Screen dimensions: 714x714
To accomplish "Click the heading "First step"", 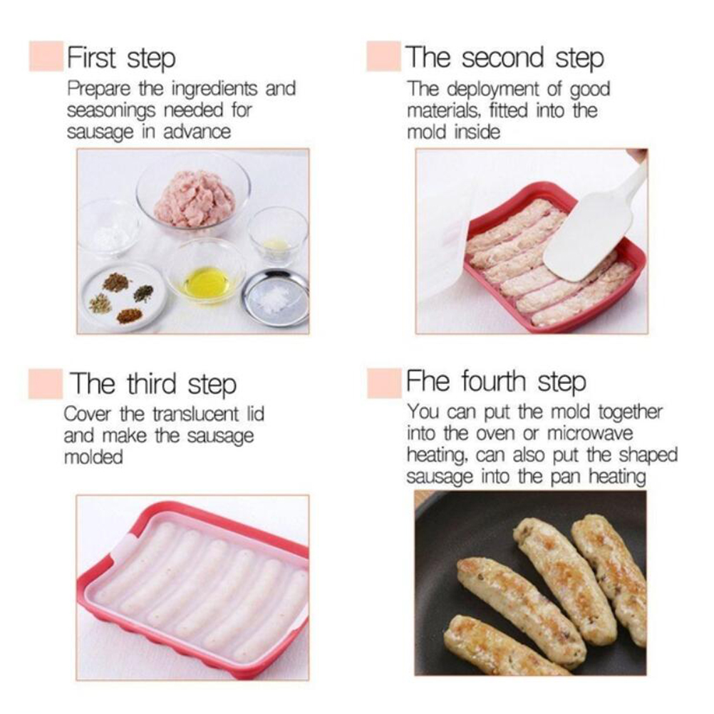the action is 121,58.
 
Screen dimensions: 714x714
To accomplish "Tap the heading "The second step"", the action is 505,58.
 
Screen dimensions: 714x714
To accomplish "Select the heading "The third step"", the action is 153,384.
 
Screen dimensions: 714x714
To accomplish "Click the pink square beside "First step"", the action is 46,56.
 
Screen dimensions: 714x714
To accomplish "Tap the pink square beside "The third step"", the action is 46,384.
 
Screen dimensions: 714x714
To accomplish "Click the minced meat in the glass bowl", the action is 195,199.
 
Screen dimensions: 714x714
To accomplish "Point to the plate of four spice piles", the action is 123,296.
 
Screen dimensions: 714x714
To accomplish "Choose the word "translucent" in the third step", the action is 196,414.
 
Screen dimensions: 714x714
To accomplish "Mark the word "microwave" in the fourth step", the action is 590,433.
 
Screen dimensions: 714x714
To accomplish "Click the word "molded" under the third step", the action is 93,457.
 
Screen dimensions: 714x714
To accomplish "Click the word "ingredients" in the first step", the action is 214,89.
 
